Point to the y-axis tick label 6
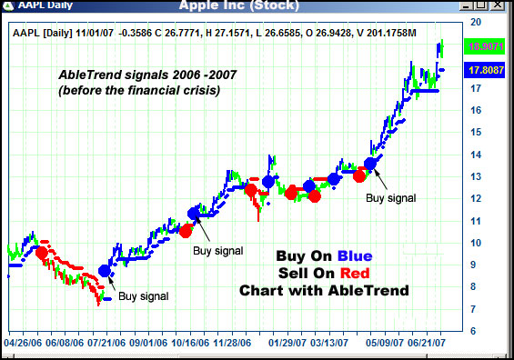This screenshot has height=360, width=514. coord(474,331)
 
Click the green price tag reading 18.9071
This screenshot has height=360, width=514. coord(485,45)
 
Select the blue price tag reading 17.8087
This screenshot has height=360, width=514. coord(485,69)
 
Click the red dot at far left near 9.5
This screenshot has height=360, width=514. coord(41,252)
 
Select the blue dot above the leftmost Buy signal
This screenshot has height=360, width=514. coord(106,271)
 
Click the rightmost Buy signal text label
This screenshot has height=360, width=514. coord(391,196)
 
